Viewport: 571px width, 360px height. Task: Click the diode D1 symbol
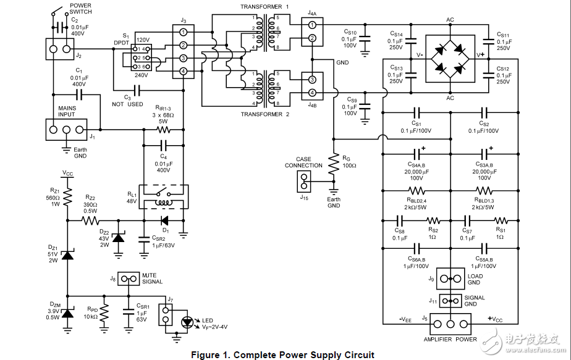coord(164,219)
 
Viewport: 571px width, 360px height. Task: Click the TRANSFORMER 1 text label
coord(265,6)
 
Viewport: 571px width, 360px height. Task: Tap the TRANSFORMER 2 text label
coord(265,114)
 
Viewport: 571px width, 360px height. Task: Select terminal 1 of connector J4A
coord(312,25)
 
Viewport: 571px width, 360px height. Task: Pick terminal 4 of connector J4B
coord(312,93)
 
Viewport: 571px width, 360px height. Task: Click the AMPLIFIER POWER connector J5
coord(450,324)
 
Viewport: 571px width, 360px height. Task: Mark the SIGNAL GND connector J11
coord(450,301)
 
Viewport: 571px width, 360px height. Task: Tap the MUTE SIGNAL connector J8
coord(129,278)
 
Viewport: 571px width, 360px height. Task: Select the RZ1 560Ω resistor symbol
coord(67,196)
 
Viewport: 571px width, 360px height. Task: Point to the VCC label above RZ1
coord(67,174)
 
